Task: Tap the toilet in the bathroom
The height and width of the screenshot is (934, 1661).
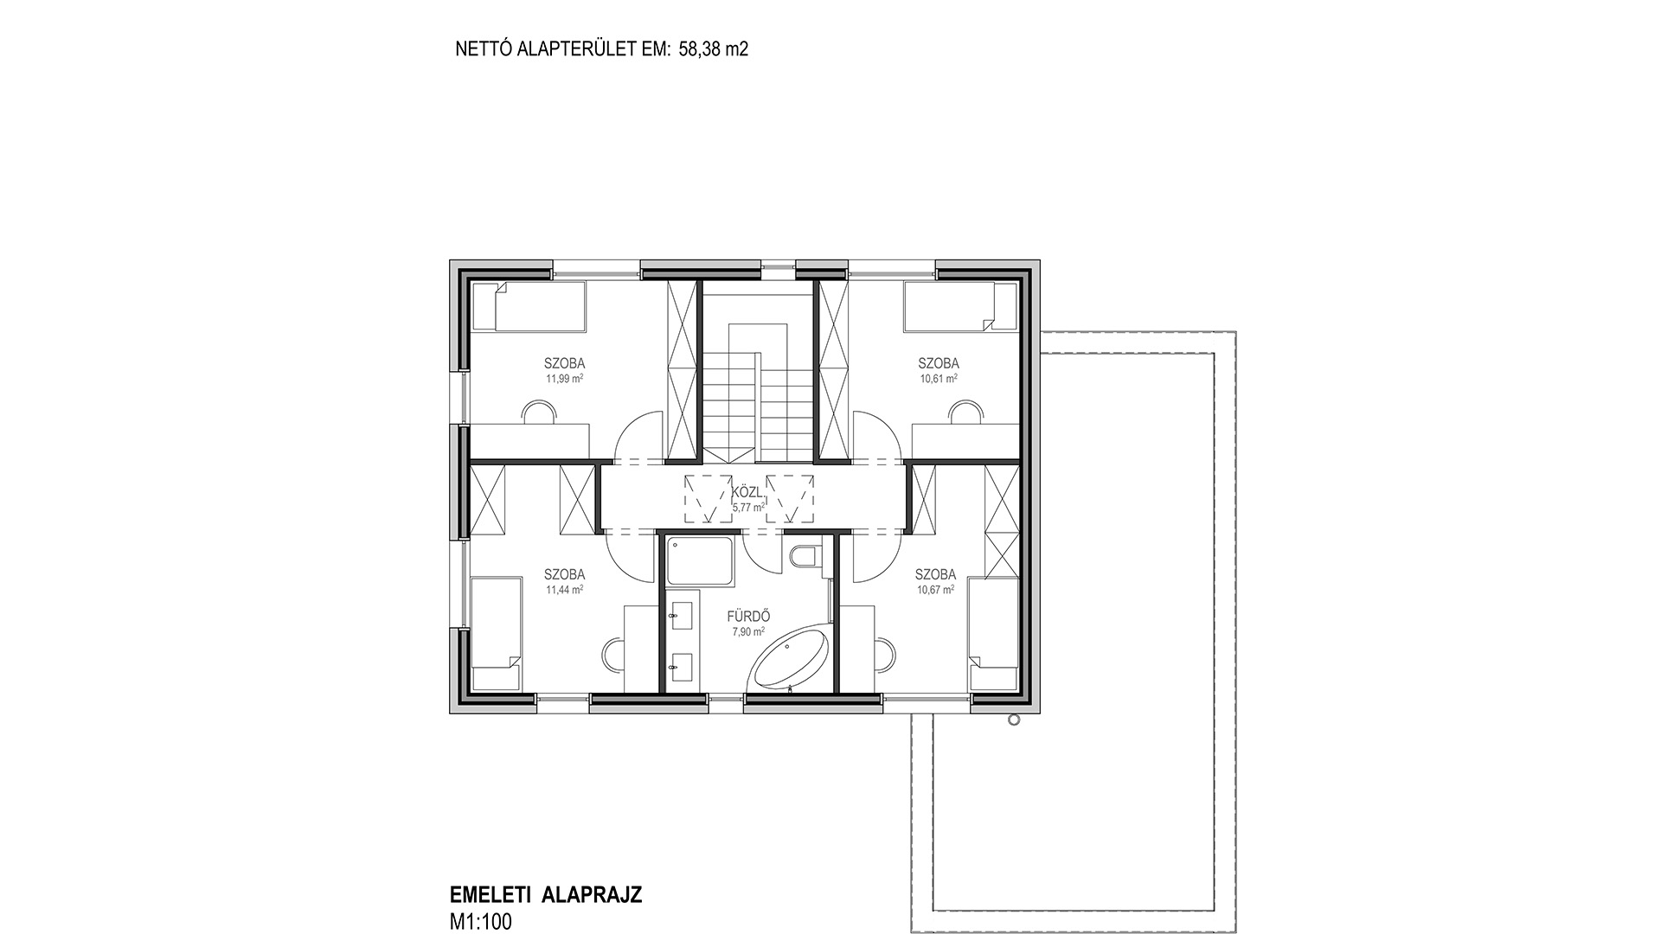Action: point(804,556)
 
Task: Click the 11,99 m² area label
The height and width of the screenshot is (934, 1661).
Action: point(564,379)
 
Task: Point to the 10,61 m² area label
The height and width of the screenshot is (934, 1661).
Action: point(939,379)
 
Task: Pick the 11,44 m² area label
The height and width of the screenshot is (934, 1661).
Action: point(564,590)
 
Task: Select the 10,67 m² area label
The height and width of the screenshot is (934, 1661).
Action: point(935,590)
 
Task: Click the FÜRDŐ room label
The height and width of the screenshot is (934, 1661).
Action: point(748,617)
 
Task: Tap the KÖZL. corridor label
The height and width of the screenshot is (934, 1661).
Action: point(747,492)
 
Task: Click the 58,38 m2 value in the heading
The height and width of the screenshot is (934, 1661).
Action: point(712,49)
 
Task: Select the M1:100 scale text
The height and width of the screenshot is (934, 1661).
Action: point(481,922)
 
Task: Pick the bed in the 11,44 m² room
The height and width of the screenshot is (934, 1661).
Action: point(495,634)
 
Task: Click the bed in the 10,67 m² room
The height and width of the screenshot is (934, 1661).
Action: point(994,634)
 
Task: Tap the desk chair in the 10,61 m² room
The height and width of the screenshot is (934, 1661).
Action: point(965,413)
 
